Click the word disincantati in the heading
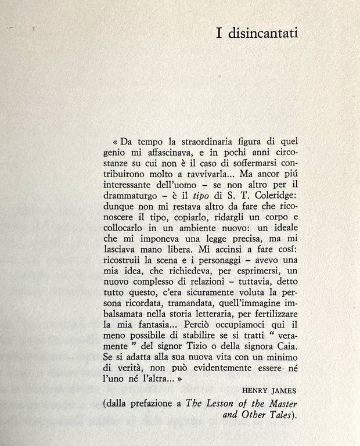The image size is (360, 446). point(262,32)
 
